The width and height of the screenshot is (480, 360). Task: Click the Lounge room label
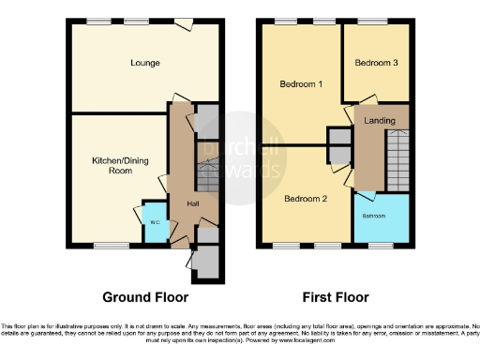click(x=145, y=63)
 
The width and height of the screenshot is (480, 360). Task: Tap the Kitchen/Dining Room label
click(x=105, y=165)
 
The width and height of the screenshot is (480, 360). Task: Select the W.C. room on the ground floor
click(x=152, y=223)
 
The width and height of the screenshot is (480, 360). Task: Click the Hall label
click(x=192, y=203)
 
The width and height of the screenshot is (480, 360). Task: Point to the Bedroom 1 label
click(x=302, y=84)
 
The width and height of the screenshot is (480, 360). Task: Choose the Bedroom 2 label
click(x=305, y=198)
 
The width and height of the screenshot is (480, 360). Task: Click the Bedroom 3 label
click(x=376, y=63)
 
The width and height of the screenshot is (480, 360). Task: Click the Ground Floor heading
click(x=145, y=297)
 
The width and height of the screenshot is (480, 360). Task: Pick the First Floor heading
click(x=333, y=297)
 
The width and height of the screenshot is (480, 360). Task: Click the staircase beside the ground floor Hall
click(x=207, y=178)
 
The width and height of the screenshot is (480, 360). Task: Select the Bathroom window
click(x=380, y=246)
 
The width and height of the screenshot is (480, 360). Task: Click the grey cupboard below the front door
click(x=207, y=262)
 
